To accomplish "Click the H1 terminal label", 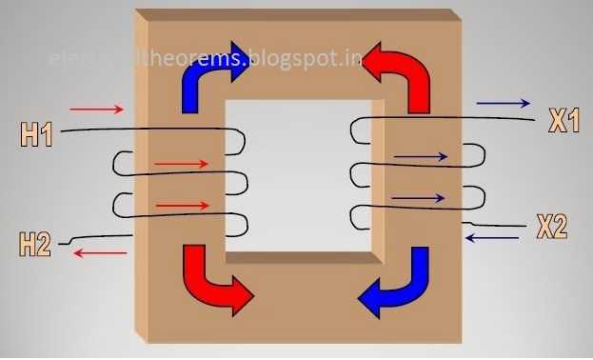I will [x=36, y=134].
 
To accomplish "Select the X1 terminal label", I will [x=563, y=120].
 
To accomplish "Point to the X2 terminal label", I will [x=551, y=227].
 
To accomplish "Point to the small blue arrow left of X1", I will [x=504, y=101].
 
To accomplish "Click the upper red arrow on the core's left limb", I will [x=181, y=164].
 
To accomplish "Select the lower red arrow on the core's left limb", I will [x=182, y=205].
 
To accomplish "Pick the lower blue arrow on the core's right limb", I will [x=419, y=198].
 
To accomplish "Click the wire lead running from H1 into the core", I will [x=95, y=131].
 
